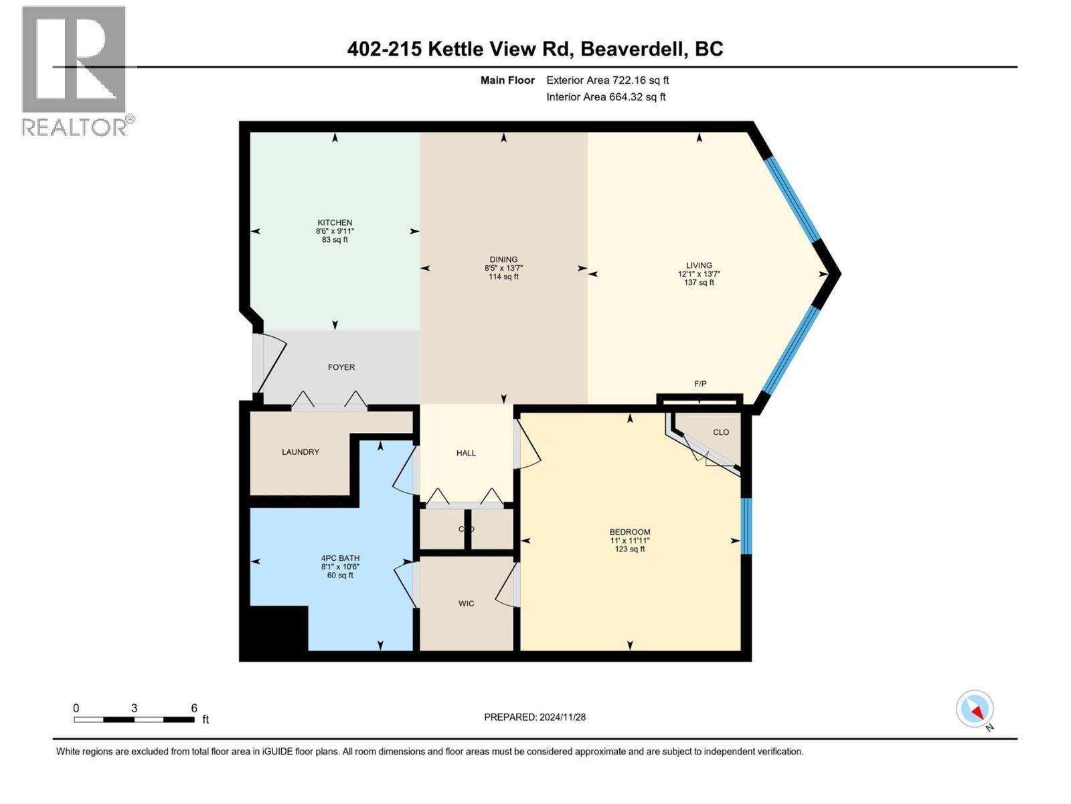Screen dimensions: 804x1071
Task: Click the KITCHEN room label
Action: [x=335, y=222]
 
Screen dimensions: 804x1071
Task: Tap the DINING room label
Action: [x=503, y=259]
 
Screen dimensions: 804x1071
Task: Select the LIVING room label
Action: [x=699, y=265]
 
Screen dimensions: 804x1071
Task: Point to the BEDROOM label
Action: [x=630, y=532]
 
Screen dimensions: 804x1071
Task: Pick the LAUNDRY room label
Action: [x=301, y=452]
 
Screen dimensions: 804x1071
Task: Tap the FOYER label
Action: [x=341, y=367]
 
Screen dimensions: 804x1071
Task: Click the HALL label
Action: [x=466, y=453]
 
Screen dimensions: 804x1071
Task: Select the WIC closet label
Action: [x=466, y=604]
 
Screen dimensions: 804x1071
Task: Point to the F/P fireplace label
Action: [x=700, y=384]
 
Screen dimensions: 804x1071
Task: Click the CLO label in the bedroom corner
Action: [x=721, y=432]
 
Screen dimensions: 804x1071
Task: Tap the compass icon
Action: [x=975, y=709]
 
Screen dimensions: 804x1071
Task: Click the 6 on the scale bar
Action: [x=194, y=708]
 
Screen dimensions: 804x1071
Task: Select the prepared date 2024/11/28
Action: [x=562, y=717]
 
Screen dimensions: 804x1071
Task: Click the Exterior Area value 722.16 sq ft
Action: [x=639, y=80]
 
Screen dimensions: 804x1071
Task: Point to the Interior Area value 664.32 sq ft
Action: [x=637, y=97]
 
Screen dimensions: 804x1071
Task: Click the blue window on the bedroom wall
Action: [x=746, y=526]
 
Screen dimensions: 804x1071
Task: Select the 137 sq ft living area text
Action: [x=699, y=283]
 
